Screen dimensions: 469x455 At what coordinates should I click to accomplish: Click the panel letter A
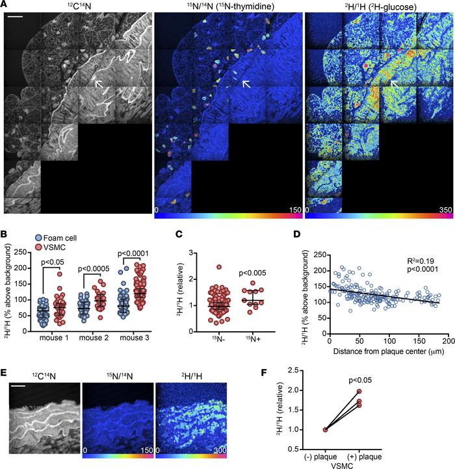pos(6,6)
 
